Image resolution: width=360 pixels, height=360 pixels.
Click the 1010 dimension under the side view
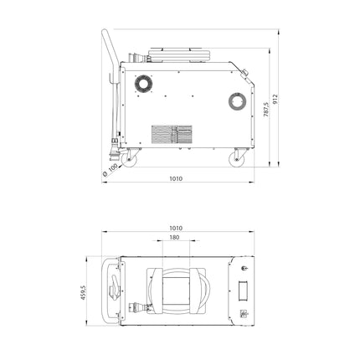(x=176, y=178)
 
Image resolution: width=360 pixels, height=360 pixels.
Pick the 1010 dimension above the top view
(x=176, y=227)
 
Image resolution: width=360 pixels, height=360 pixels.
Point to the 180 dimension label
(x=174, y=238)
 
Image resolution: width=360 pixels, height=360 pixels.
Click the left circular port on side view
(x=140, y=83)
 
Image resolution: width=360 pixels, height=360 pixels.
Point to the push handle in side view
(x=107, y=50)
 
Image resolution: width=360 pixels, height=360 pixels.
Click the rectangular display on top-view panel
(x=244, y=291)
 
